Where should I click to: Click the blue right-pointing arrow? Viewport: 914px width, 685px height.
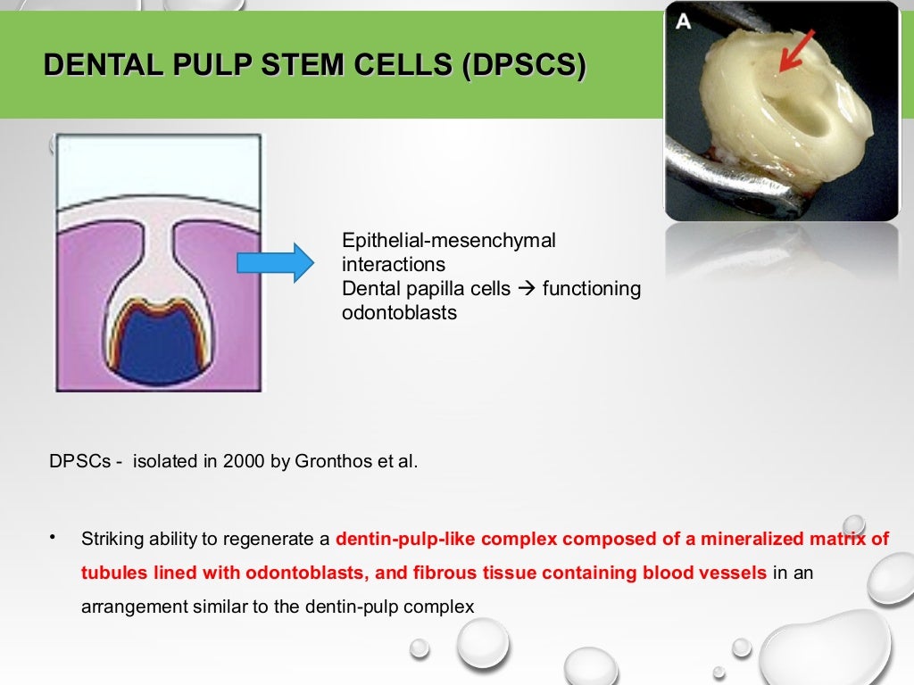275,263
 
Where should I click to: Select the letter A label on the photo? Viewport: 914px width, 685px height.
683,21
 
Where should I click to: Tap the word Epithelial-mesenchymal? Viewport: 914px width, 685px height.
449,241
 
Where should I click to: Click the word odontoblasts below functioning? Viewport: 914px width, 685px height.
399,313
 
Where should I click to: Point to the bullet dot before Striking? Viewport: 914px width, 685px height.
54,537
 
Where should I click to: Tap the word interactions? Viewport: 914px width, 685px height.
394,265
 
